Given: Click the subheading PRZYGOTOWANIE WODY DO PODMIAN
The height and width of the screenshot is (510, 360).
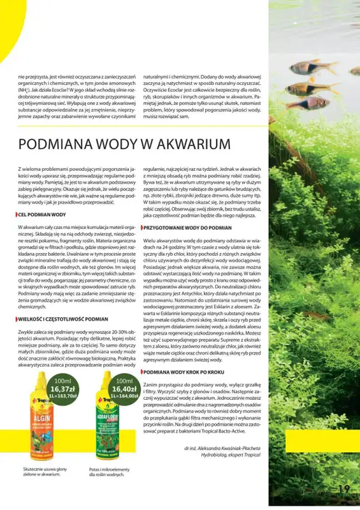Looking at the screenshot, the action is pos(189,227).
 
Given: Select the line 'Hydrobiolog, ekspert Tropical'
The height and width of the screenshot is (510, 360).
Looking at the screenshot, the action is pos(227,456).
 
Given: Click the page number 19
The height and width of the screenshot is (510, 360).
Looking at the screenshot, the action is pos(344,489).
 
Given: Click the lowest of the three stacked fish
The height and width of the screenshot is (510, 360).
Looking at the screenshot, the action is pos(309,103).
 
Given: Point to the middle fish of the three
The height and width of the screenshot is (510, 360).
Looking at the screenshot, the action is pos(306,88).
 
